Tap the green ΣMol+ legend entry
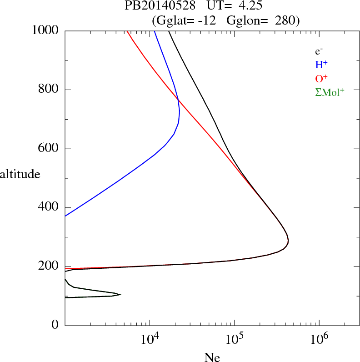(330, 92)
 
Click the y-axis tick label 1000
(45, 30)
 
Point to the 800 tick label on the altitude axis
(49, 90)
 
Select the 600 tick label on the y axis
(49, 149)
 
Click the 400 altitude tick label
(49, 208)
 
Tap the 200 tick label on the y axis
(49, 267)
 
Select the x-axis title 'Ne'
(212, 357)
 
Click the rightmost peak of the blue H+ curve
(180, 111)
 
